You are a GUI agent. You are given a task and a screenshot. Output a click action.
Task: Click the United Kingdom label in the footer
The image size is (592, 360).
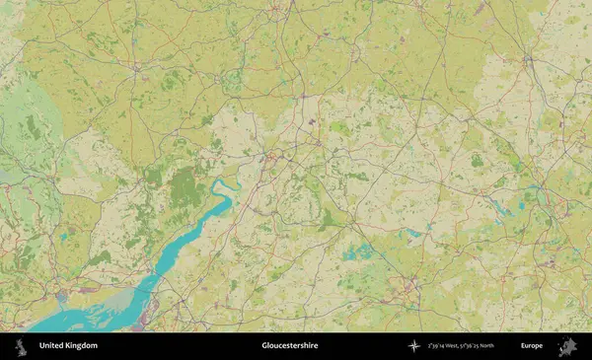click(68, 346)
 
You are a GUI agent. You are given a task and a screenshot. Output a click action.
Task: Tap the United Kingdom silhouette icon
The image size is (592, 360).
click(19, 346)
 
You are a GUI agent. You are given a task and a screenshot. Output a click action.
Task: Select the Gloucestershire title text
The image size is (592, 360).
click(290, 346)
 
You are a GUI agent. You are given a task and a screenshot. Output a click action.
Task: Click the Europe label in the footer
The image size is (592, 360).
click(532, 346)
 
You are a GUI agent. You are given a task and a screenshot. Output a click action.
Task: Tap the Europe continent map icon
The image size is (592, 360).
click(566, 346)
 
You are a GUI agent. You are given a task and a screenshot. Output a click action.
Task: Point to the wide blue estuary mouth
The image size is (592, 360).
click(69, 318)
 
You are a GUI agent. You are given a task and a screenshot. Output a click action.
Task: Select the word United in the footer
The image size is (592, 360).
click(51, 346)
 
